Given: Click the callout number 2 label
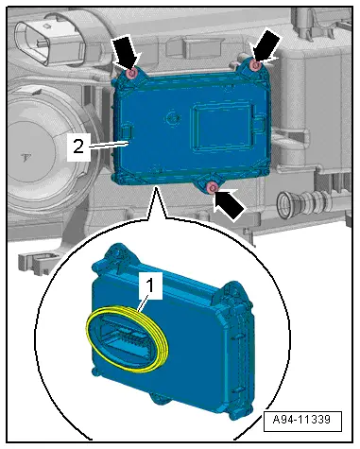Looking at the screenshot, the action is click(x=78, y=147).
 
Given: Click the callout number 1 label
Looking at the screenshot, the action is click(x=151, y=285).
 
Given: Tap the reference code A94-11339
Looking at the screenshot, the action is click(x=301, y=420).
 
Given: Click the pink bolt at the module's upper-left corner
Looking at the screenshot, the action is click(x=132, y=74).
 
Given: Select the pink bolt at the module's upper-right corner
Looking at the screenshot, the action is click(x=255, y=65).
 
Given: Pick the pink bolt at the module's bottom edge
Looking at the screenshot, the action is click(x=211, y=188).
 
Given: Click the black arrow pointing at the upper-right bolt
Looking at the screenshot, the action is click(x=266, y=45).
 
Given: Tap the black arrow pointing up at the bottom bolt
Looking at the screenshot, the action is click(x=229, y=204).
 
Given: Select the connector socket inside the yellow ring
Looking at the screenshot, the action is click(x=126, y=337).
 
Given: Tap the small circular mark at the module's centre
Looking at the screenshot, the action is click(x=173, y=117).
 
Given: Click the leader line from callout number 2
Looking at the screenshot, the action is click(x=109, y=145).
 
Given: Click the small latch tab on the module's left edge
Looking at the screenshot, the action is click(x=127, y=130).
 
